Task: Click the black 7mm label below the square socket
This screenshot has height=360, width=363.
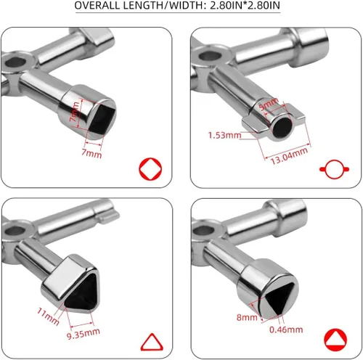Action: (x=92, y=155)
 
